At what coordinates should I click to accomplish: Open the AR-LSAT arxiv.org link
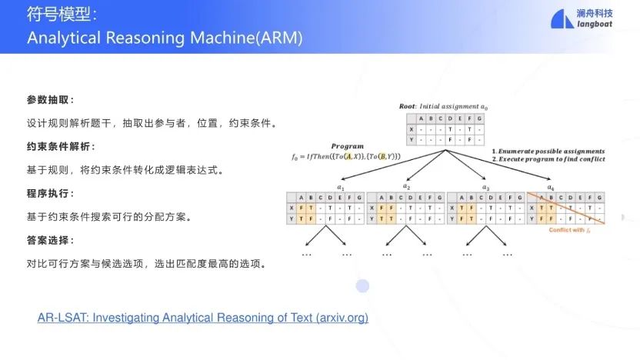(202, 317)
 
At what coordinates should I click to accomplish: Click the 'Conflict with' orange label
(566, 230)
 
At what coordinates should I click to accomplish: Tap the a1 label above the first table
(341, 186)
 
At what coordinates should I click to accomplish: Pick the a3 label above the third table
(485, 186)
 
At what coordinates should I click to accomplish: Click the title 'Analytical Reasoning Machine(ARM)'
(165, 38)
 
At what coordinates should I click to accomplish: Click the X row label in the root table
(411, 129)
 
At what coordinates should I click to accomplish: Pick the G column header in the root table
(479, 118)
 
